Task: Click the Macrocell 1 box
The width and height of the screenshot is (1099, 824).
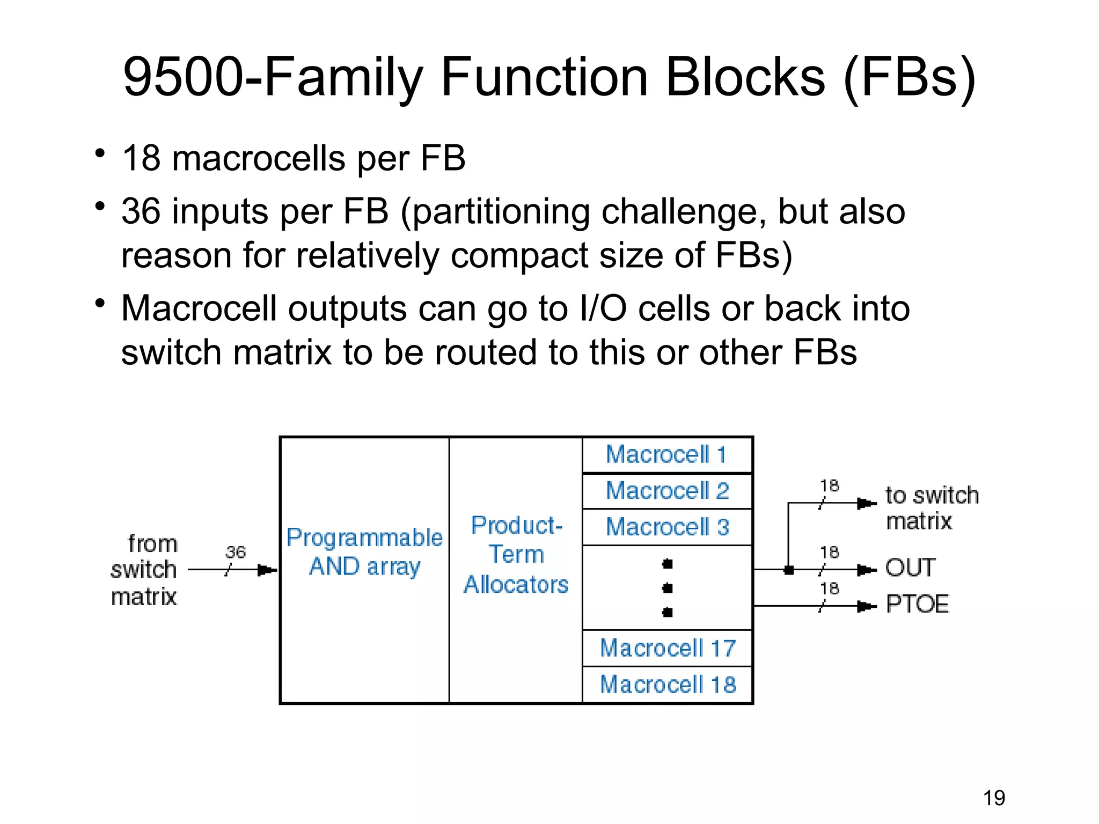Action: [x=667, y=455]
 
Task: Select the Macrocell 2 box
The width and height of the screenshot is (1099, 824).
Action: [x=667, y=491]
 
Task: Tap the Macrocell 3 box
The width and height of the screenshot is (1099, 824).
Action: [x=667, y=527]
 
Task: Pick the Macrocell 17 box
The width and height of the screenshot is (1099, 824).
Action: [x=667, y=648]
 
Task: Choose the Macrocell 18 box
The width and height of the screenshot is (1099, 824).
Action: [x=667, y=685]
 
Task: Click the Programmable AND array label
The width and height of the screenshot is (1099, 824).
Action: [x=364, y=552]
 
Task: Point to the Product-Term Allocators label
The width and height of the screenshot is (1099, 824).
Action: [x=516, y=555]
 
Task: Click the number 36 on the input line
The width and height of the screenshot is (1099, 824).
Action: [x=235, y=552]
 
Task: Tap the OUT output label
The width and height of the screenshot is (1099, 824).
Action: [x=910, y=568]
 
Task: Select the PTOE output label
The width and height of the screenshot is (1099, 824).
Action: [x=917, y=604]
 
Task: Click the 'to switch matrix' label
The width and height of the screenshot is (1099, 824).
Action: [x=932, y=507]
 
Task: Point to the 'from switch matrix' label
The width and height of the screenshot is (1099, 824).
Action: [x=144, y=570]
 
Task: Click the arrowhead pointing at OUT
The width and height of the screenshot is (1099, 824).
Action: [x=865, y=570]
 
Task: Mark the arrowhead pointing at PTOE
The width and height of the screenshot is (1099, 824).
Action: [x=865, y=606]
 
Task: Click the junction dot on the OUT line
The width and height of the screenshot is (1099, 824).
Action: [x=788, y=570]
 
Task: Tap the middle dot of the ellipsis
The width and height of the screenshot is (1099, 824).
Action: [x=667, y=588]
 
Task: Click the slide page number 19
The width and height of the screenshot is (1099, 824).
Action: [x=994, y=798]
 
